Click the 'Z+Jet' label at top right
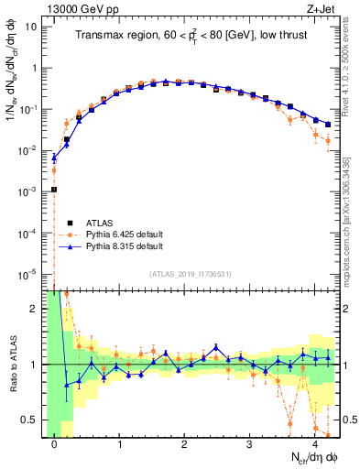(322, 9)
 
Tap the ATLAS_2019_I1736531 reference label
(191, 274)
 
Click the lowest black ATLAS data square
(54, 190)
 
